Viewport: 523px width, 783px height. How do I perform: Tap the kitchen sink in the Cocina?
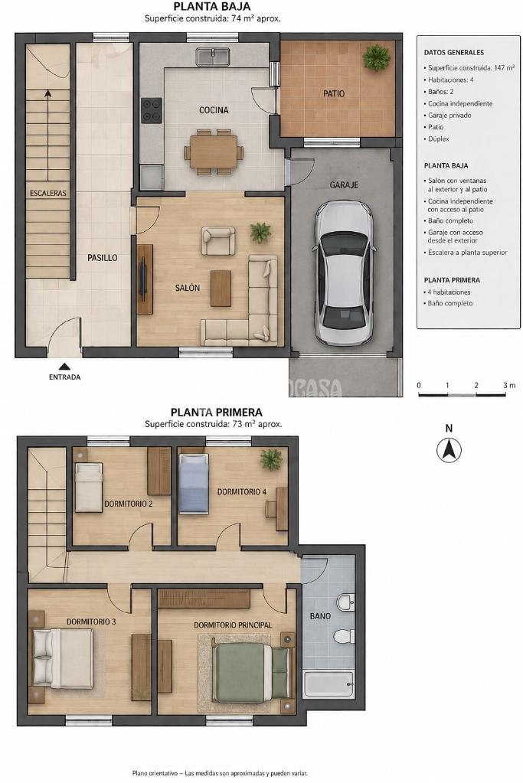(213, 57)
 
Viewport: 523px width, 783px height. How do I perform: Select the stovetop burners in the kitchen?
(152, 110)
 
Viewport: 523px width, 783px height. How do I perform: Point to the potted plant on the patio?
(376, 57)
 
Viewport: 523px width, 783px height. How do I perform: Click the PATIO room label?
(334, 93)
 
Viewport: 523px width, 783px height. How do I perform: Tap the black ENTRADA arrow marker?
(64, 366)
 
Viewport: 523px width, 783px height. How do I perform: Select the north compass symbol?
(449, 450)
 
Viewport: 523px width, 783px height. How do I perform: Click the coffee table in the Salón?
(221, 288)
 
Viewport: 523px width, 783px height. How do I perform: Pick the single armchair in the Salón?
(217, 240)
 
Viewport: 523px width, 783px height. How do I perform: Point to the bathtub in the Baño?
(329, 684)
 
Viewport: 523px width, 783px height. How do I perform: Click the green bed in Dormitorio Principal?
(251, 673)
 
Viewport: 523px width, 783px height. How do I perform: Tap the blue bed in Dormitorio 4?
(193, 484)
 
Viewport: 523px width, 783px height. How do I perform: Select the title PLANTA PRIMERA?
(216, 412)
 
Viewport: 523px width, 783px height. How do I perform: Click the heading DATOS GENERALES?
(453, 52)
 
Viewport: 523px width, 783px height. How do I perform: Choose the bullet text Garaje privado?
(449, 116)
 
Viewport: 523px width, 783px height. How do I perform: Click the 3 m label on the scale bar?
(509, 385)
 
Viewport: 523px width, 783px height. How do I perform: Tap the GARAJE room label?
(344, 184)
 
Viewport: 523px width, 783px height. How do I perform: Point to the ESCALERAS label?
(48, 193)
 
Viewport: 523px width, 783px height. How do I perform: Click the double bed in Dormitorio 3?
(63, 658)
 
